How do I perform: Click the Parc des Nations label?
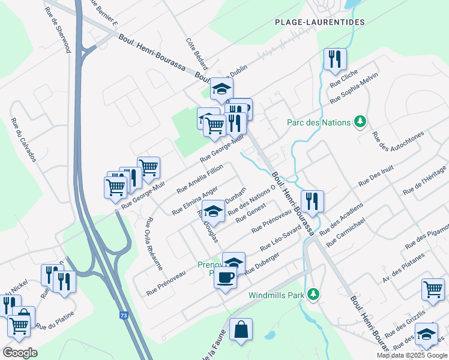[318, 122]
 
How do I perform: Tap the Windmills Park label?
[276, 295]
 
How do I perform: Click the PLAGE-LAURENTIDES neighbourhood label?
[319, 22]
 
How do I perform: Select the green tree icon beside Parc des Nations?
[360, 122]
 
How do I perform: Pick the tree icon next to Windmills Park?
[312, 295]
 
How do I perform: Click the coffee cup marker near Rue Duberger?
[226, 278]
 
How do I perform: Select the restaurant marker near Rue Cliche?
[333, 59]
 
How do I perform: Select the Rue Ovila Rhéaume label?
[154, 242]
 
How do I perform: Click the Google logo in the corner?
[20, 352]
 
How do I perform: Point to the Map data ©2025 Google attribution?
[411, 355]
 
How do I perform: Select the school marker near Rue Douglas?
[213, 211]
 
